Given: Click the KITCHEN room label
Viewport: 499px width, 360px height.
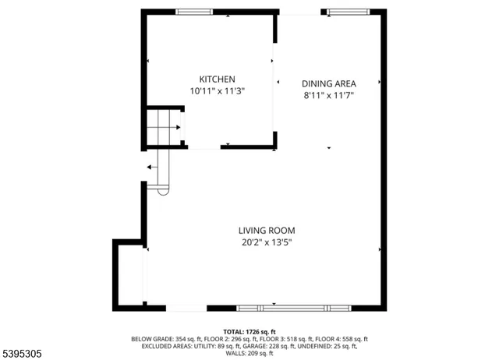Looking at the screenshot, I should click(x=218, y=79).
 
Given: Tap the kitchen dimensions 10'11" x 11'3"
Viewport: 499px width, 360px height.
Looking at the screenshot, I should click(x=218, y=90).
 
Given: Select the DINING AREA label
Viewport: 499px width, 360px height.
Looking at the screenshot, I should click(x=328, y=83).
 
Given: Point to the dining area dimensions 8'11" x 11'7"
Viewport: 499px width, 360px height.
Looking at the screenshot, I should click(x=328, y=94).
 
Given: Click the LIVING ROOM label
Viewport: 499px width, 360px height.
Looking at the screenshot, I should click(x=267, y=230).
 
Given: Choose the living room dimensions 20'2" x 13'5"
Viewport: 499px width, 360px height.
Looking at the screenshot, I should click(x=267, y=242).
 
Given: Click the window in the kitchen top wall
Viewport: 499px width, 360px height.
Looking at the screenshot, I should click(x=193, y=12).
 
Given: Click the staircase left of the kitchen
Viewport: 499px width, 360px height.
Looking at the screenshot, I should click(x=165, y=128).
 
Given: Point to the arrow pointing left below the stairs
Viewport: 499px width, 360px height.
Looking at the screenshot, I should click(x=149, y=166).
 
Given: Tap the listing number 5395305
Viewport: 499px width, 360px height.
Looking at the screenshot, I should click(x=23, y=354).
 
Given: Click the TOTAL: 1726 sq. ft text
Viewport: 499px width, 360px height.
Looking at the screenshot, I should click(x=249, y=332).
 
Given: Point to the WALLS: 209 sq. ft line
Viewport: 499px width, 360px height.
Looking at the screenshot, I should click(x=249, y=354).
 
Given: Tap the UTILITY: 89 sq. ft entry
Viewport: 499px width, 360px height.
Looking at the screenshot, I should click(x=221, y=346).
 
